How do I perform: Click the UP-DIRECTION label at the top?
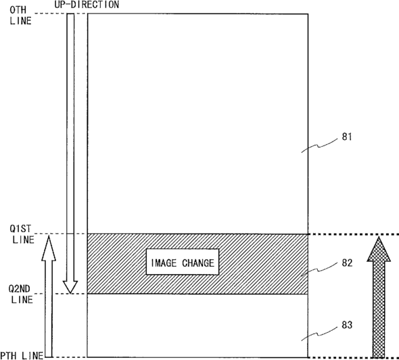[x=87, y=4]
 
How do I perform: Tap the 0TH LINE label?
[x=20, y=16]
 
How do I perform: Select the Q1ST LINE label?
[x=22, y=234]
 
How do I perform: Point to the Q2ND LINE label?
[x=21, y=294]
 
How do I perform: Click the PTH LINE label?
[x=22, y=355]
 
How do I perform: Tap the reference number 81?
[x=347, y=137]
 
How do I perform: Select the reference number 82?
[x=347, y=263]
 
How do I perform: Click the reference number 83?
[x=347, y=325]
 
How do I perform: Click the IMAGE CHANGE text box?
[x=183, y=262]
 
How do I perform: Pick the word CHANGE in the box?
[x=198, y=263]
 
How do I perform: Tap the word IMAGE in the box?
[x=164, y=263]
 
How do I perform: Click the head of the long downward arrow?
[x=70, y=287]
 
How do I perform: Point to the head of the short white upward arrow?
[x=49, y=248]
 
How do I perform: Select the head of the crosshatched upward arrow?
[x=379, y=249]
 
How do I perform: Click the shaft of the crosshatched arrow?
[x=379, y=309]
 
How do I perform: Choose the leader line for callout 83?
[x=320, y=334]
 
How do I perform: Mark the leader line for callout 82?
[x=320, y=270]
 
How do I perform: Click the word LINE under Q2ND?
[x=22, y=299]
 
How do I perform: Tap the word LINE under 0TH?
[x=20, y=20]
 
